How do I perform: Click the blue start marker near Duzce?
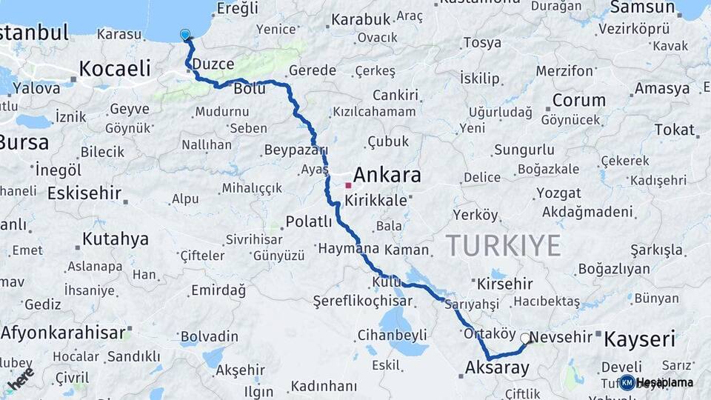184,34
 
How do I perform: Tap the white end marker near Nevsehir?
525,339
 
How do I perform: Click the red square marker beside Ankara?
347,185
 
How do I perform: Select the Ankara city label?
387,176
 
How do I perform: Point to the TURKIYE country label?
504,245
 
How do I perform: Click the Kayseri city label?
639,340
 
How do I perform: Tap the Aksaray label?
497,367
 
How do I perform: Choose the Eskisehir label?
84,194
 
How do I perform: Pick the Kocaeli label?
114,69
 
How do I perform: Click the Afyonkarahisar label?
63,333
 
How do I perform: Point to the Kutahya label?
115,239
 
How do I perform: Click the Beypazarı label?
296,150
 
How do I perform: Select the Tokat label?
675,130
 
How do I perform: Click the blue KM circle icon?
627,382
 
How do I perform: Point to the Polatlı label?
309,221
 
